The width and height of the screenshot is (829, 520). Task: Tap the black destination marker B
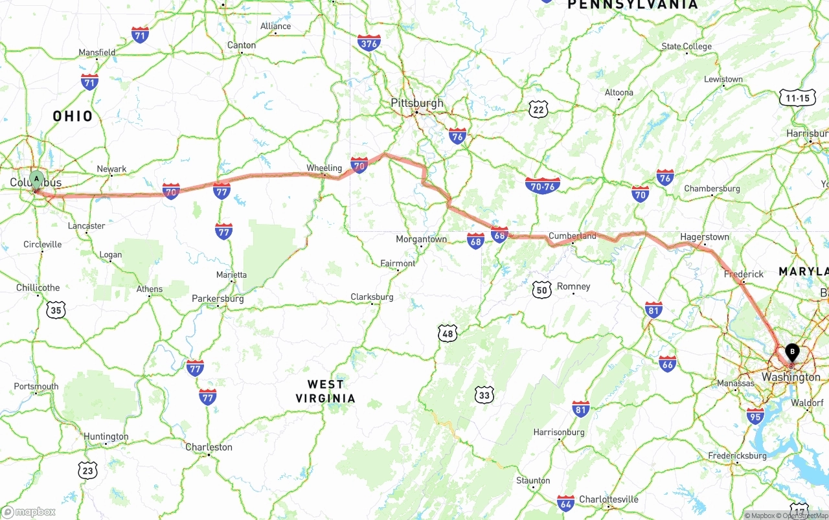791,352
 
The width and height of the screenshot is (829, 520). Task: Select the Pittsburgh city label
417,103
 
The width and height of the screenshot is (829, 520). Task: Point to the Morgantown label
421,239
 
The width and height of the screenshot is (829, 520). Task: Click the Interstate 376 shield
369,43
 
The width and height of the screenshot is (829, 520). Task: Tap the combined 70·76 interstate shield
543,185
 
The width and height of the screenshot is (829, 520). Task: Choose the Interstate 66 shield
667,363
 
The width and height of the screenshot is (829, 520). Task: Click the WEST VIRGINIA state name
326,391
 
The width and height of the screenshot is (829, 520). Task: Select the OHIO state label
73,117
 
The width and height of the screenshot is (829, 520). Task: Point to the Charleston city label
209,447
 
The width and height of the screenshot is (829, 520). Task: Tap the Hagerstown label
704,237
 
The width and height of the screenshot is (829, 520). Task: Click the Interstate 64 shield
565,503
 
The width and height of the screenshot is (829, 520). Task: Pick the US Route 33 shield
484,394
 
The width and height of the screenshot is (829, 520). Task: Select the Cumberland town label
572,236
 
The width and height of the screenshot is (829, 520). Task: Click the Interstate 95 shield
755,416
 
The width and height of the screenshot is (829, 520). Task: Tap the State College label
686,46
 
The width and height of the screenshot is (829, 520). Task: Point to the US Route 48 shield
448,333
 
